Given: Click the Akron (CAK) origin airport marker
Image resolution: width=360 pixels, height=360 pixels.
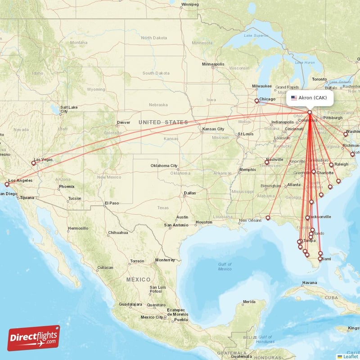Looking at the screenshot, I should [x=310, y=112].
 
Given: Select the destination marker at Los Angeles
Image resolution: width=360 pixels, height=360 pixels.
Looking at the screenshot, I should [x=7, y=184].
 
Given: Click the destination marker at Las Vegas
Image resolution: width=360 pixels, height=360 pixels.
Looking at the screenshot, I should [x=33, y=163].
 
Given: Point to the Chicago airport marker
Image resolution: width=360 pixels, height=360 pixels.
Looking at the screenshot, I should [x=256, y=101].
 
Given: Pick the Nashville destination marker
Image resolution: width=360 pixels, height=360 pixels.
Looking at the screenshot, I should [x=266, y=162].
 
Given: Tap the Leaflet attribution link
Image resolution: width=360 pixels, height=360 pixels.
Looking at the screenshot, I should [x=350, y=356].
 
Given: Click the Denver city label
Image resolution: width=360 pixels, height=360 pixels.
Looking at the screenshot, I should [x=123, y=122].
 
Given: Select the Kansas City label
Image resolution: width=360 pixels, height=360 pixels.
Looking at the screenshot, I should [x=213, y=129].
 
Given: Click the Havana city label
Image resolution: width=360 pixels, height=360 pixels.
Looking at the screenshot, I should [x=310, y=283].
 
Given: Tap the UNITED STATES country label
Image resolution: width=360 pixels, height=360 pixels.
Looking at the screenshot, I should [x=163, y=122].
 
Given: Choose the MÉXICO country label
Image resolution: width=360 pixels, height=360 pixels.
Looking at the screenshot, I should [x=138, y=279].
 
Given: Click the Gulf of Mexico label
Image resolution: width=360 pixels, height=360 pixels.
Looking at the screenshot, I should [x=225, y=266].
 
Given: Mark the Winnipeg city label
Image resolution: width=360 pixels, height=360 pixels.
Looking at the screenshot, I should [x=189, y=4].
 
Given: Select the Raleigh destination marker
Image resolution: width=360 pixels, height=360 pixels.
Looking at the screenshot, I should [x=331, y=165].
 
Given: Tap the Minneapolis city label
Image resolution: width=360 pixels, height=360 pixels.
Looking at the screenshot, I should [x=213, y=64].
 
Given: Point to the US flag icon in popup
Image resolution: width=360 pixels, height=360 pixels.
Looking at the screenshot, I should [x=294, y=98].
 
